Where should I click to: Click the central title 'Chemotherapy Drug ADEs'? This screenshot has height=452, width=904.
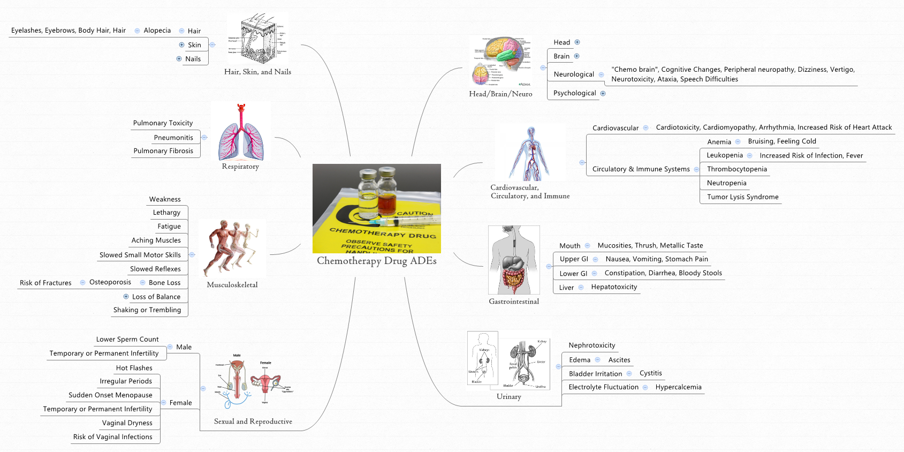pyautogui.click(x=376, y=261)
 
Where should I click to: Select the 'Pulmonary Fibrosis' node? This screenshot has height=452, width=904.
pyautogui.click(x=163, y=151)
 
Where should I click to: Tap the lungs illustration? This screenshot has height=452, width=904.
pyautogui.click(x=241, y=132)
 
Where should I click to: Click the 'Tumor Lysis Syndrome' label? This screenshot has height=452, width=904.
pyautogui.click(x=742, y=197)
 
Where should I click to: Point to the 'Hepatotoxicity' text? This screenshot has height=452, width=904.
pyautogui.click(x=614, y=287)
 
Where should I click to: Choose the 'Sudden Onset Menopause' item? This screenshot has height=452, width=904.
pyautogui.click(x=110, y=395)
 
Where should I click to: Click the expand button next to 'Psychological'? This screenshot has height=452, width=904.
pyautogui.click(x=603, y=93)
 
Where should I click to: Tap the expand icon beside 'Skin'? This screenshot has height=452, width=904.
pyautogui.click(x=181, y=45)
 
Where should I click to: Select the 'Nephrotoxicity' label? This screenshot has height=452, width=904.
pyautogui.click(x=591, y=345)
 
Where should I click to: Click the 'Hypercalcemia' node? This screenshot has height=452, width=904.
pyautogui.click(x=678, y=387)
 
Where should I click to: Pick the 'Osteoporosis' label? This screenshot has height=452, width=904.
pyautogui.click(x=110, y=282)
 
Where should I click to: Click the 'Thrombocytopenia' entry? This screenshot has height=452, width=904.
pyautogui.click(x=736, y=169)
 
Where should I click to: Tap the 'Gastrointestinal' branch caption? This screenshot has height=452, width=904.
pyautogui.click(x=514, y=302)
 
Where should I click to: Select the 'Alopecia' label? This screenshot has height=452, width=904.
pyautogui.click(x=157, y=31)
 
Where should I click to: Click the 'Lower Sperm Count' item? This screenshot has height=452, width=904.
pyautogui.click(x=127, y=340)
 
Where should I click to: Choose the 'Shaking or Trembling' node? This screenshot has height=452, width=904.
pyautogui.click(x=147, y=310)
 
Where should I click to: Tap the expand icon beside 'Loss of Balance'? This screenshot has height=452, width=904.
pyautogui.click(x=126, y=297)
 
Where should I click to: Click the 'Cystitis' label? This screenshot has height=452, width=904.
pyautogui.click(x=650, y=373)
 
